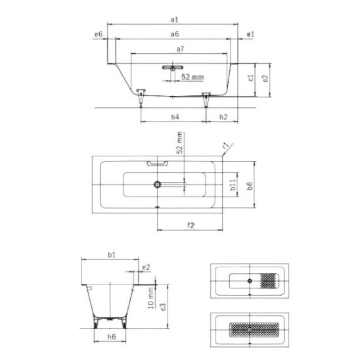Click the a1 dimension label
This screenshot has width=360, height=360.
point(174,20)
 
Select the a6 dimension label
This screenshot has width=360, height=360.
point(175,34)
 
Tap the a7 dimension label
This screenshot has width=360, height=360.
point(180,49)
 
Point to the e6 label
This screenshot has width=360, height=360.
point(99,34)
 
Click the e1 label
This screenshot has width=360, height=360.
point(250,34)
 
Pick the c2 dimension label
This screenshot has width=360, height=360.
point(265,79)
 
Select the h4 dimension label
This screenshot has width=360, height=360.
point(175,117)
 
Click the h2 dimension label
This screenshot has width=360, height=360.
point(223,117)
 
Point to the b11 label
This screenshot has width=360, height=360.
point(233,185)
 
